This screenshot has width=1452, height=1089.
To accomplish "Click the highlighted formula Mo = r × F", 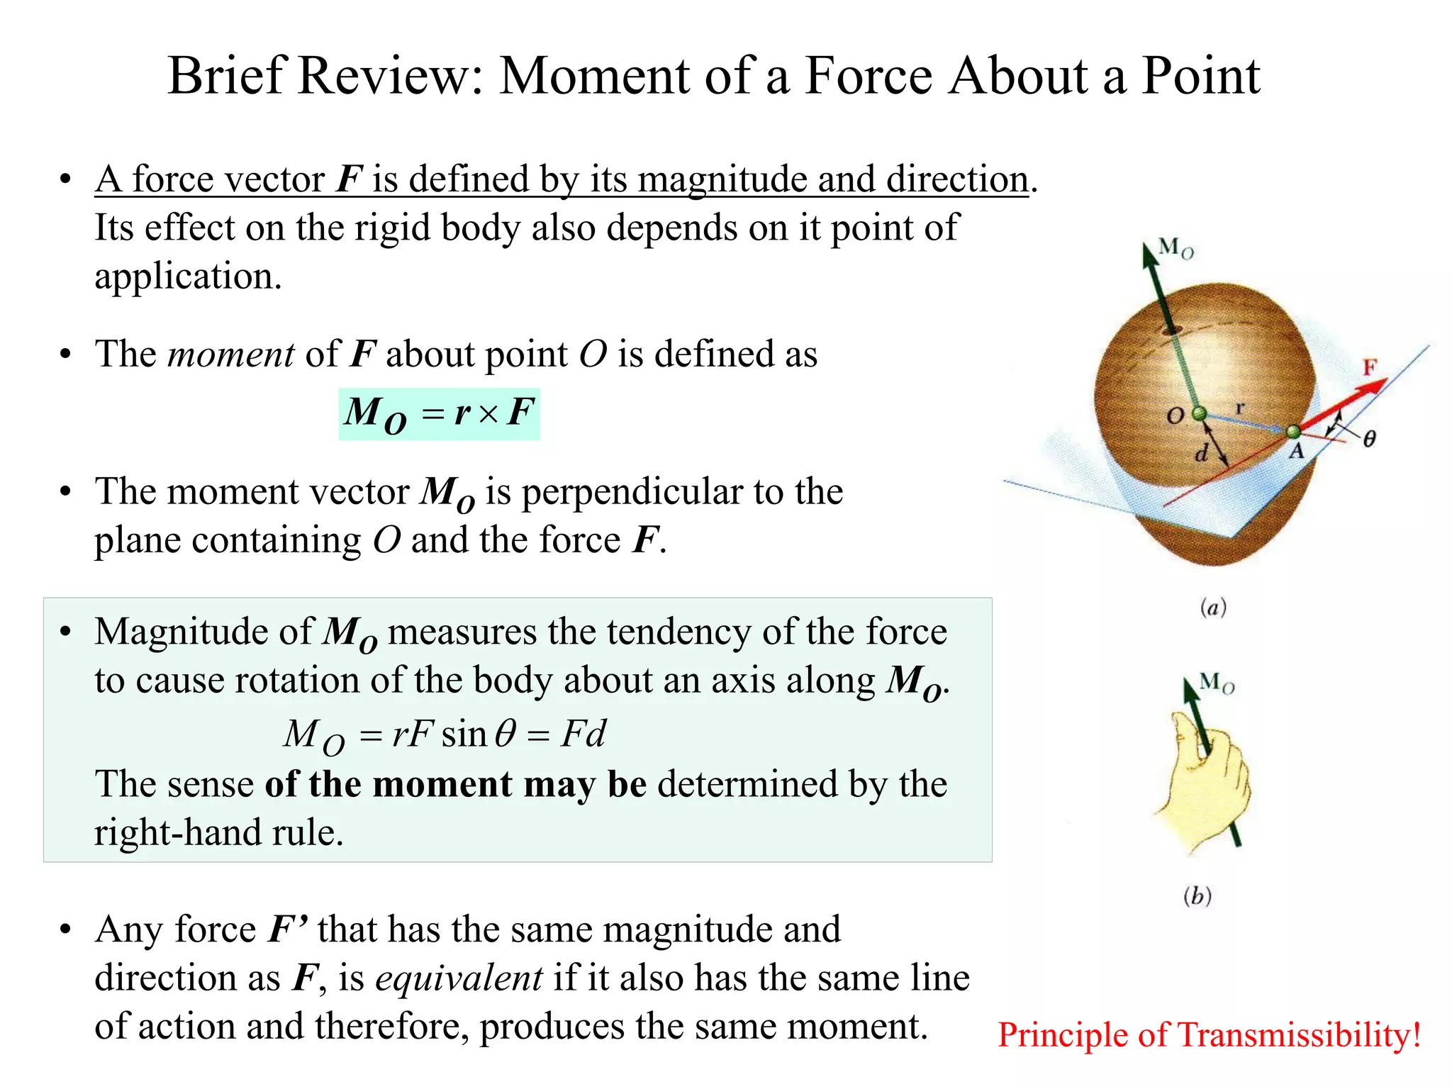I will [439, 414].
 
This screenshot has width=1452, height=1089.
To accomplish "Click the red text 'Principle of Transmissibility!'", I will [1209, 1035].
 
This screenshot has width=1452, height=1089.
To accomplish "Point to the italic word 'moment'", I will [230, 354].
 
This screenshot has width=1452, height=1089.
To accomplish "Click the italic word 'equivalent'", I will [459, 978].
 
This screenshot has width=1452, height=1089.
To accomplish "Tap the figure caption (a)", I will [1213, 608].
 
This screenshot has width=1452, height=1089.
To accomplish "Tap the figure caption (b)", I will [1197, 896].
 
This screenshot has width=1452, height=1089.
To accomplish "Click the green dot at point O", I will [1199, 413].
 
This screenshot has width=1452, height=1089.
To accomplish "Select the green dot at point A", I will [1293, 431].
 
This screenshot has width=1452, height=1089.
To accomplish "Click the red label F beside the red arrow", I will [1370, 367].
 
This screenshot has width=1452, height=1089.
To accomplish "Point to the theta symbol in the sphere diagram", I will [1370, 440].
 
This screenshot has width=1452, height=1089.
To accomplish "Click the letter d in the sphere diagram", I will [1201, 453].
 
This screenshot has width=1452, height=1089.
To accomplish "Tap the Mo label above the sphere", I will [1176, 248].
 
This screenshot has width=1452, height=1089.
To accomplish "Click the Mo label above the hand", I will [1217, 683].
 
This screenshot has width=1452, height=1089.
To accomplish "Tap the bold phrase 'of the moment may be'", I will [455, 784].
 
